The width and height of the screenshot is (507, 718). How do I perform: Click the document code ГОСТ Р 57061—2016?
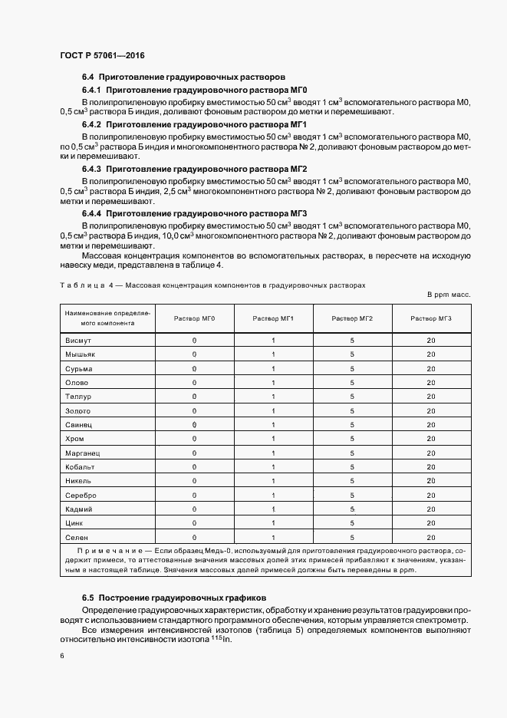click(102, 56)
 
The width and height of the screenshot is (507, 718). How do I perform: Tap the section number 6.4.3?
click(92, 169)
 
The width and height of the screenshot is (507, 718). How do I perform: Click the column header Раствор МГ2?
click(352, 318)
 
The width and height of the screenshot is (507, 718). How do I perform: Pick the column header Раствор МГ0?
click(194, 318)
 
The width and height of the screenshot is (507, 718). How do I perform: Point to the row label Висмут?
click(79, 340)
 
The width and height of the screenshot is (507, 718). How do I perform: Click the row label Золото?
click(79, 410)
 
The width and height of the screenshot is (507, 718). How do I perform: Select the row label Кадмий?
click(80, 509)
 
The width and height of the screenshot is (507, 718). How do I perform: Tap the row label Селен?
click(77, 538)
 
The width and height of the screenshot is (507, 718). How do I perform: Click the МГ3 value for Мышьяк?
click(431, 354)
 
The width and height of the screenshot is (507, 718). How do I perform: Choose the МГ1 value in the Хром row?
click(273, 439)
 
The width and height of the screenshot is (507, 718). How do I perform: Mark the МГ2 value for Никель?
click(352, 481)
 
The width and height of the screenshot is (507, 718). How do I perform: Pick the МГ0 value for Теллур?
click(194, 397)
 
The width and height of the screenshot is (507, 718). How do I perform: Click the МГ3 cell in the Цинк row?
click(431, 523)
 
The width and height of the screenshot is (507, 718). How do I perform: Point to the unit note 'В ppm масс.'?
click(449, 295)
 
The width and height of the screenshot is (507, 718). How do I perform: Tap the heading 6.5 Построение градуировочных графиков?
click(173, 597)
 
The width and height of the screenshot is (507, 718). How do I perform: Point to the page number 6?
click(61, 657)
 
